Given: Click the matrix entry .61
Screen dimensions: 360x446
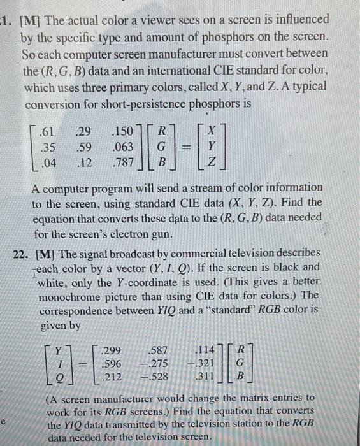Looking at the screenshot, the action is [x=45, y=134].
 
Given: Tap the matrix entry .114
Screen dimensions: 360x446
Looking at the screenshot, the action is [x=208, y=350].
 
